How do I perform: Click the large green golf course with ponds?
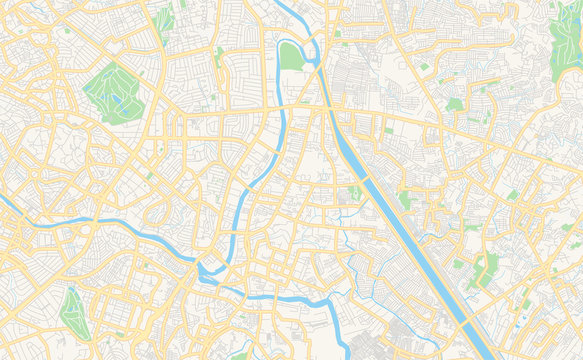(113, 92)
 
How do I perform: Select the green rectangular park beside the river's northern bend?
(291, 56)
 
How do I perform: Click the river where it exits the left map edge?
(3, 200)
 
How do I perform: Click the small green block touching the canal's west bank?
(354, 192)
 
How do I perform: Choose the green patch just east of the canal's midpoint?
(405, 200)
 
